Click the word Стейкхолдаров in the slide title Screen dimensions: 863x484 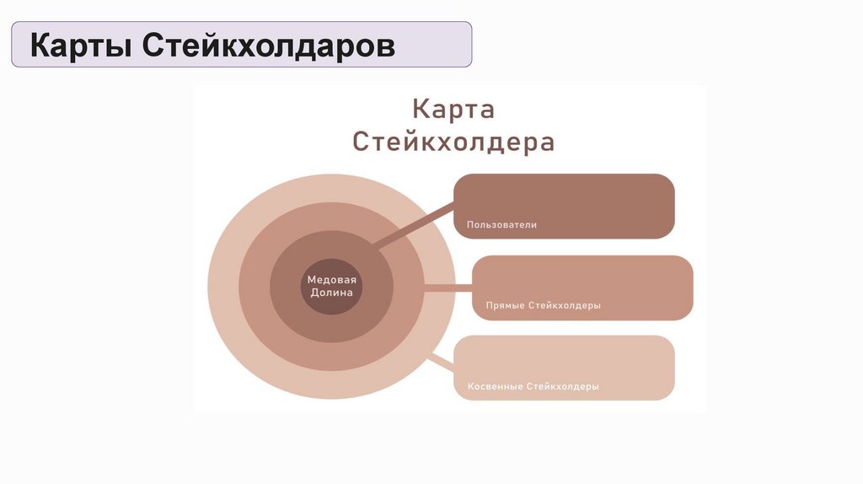click(268, 46)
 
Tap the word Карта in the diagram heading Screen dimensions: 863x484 click(453, 110)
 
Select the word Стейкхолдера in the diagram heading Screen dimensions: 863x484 click(453, 141)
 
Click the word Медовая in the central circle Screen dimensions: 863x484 click(332, 279)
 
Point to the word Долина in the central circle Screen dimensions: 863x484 click(332, 293)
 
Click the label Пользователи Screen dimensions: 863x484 click(501, 225)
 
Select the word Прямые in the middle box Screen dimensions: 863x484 click(505, 305)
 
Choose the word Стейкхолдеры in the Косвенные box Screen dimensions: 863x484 click(563, 386)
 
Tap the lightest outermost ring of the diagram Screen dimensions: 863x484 click(222, 287)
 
